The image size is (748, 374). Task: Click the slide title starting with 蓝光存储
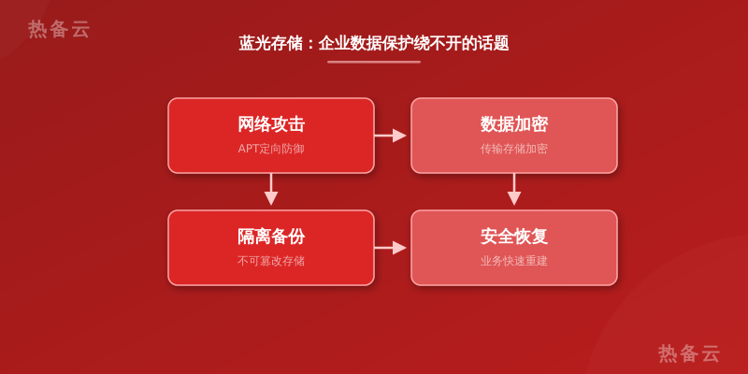click(373, 43)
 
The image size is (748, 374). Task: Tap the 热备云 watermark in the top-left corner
click(59, 29)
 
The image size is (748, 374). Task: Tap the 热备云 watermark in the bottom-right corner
click(689, 353)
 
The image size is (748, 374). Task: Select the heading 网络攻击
click(271, 124)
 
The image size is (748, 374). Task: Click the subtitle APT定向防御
click(271, 149)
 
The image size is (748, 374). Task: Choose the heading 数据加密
click(513, 124)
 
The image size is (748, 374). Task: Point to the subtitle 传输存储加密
click(513, 149)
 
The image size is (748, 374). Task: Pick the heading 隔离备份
click(271, 237)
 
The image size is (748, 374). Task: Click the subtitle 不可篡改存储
click(271, 261)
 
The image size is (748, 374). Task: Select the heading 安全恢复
click(513, 237)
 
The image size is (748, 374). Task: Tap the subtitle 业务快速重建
click(513, 261)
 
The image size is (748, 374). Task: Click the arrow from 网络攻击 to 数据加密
click(390, 136)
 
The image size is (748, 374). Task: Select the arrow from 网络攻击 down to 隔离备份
click(271, 190)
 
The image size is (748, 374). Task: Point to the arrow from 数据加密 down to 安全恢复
click(513, 190)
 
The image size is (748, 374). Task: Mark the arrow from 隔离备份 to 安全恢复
click(390, 248)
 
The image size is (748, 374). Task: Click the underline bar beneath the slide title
click(374, 62)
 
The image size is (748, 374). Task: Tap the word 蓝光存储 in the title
click(270, 43)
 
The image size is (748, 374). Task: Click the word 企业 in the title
click(334, 43)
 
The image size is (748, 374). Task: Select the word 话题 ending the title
click(493, 43)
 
